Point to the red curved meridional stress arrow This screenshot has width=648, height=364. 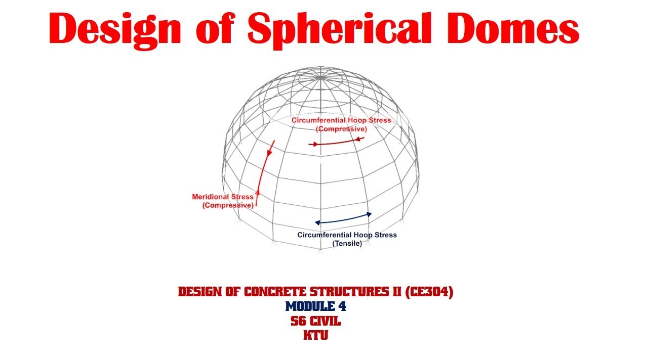264,172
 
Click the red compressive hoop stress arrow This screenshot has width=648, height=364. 336,143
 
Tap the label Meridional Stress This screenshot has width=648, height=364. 223,197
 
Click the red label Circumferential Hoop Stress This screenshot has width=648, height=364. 341,120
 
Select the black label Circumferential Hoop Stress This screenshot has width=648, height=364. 347,235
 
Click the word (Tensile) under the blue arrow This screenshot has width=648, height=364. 347,244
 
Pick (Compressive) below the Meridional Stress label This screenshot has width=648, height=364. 227,205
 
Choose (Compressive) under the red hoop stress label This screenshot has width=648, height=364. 341,129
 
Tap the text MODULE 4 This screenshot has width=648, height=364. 315,306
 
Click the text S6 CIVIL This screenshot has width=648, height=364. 315,321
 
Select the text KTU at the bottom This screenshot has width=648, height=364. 315,335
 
